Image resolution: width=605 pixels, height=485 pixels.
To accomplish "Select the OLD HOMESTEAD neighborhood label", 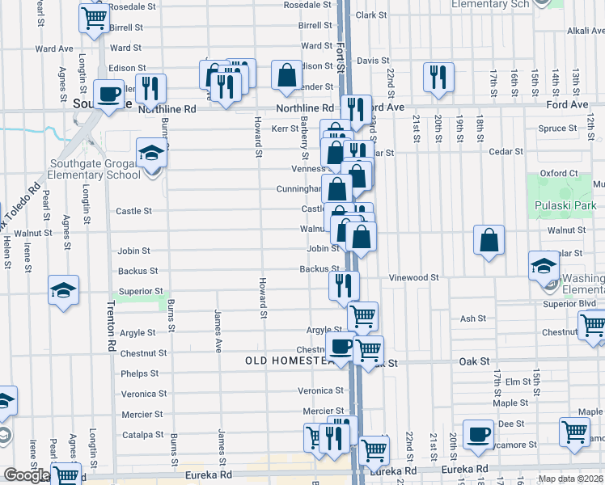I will pos(289,361).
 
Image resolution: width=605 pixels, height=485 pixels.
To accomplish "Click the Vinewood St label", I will pos(413,277).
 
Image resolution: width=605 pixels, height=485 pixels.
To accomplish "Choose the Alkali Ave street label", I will pos(586,31).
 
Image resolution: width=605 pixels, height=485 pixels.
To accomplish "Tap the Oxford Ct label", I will pos(558,173).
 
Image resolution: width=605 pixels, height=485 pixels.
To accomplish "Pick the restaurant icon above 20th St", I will pos(437,77).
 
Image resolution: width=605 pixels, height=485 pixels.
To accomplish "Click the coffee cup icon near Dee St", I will pos(478,434).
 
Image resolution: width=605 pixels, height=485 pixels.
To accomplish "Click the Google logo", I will pos(27,475).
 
